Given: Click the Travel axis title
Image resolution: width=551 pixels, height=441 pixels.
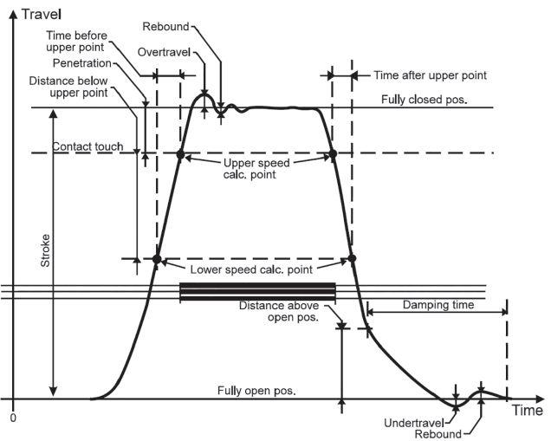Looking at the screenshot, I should pyautogui.click(x=44, y=15).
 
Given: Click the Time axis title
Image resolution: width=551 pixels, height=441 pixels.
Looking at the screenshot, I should pyautogui.click(x=526, y=411).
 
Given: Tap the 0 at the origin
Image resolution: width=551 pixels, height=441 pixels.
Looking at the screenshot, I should pyautogui.click(x=13, y=418).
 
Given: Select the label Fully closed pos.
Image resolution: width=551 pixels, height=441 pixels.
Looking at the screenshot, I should pyautogui.click(x=424, y=99).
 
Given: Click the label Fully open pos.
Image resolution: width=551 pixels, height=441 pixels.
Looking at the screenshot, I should pyautogui.click(x=256, y=391).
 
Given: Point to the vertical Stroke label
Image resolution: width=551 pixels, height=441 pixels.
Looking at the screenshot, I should pyautogui.click(x=45, y=252).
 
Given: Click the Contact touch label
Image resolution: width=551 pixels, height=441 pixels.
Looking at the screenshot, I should pyautogui.click(x=87, y=147).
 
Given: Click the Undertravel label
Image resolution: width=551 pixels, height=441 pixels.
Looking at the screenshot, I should pyautogui.click(x=412, y=422).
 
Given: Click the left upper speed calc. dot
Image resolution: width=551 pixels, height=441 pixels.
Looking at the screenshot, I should pyautogui.click(x=180, y=154).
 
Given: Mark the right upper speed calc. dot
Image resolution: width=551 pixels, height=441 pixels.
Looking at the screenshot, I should pyautogui.click(x=332, y=154).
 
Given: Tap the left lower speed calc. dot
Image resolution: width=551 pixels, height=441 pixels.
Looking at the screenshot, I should pyautogui.click(x=157, y=258).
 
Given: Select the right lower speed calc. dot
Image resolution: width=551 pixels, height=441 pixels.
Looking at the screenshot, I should pyautogui.click(x=352, y=258).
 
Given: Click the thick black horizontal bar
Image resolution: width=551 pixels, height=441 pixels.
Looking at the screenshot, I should pyautogui.click(x=256, y=291).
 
